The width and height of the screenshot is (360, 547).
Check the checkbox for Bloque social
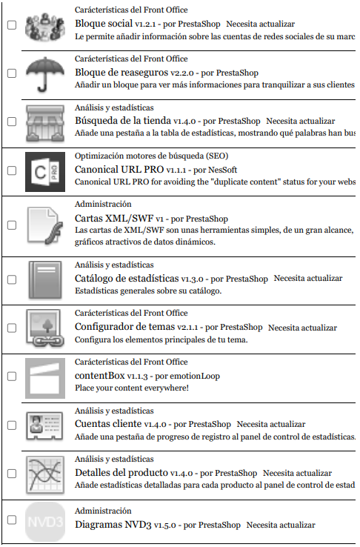(11, 25)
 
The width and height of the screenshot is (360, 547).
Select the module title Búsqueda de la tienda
(123, 121)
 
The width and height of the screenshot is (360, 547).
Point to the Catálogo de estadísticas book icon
(46, 279)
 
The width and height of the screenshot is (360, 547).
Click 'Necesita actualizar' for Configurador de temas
(302, 328)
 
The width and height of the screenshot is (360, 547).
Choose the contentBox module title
(99, 376)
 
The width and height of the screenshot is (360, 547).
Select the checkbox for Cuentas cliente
(11, 425)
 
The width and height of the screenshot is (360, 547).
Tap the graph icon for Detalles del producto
(46, 473)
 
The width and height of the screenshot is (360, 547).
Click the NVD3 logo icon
(46, 521)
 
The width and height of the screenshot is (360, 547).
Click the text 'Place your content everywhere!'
(132, 388)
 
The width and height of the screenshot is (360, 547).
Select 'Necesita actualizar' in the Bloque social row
(260, 24)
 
